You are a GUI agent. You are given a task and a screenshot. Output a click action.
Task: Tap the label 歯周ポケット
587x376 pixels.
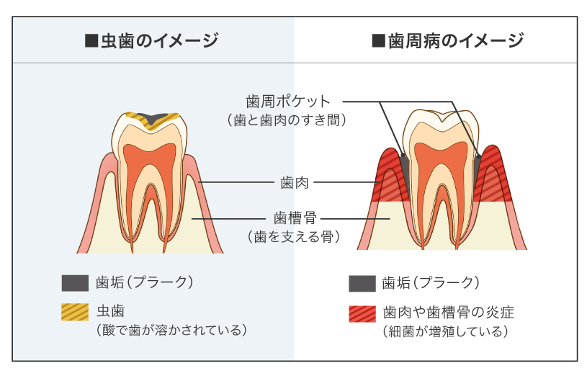(287, 101)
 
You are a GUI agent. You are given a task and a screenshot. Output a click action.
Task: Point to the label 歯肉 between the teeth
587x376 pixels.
(294, 182)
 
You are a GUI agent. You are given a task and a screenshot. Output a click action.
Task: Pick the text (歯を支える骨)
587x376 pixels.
(293, 236)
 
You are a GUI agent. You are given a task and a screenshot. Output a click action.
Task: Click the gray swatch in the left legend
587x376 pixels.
(75, 282)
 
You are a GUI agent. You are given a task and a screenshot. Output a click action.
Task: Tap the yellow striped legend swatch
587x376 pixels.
(75, 313)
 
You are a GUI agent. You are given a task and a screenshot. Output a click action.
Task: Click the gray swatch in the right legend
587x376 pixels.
(362, 283)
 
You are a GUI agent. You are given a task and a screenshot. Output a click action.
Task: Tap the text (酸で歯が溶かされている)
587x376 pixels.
(171, 330)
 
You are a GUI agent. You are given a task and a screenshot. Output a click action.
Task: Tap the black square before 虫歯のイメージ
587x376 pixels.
(91, 41)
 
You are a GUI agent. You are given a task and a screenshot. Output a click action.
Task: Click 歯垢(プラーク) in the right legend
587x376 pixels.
(430, 282)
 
